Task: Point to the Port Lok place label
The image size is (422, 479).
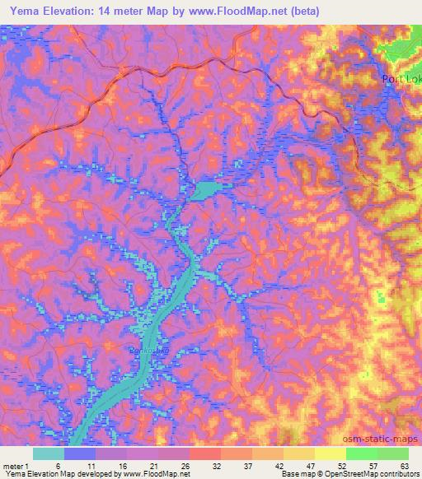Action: (401, 79)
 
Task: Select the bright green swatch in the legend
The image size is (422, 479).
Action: (361, 453)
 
